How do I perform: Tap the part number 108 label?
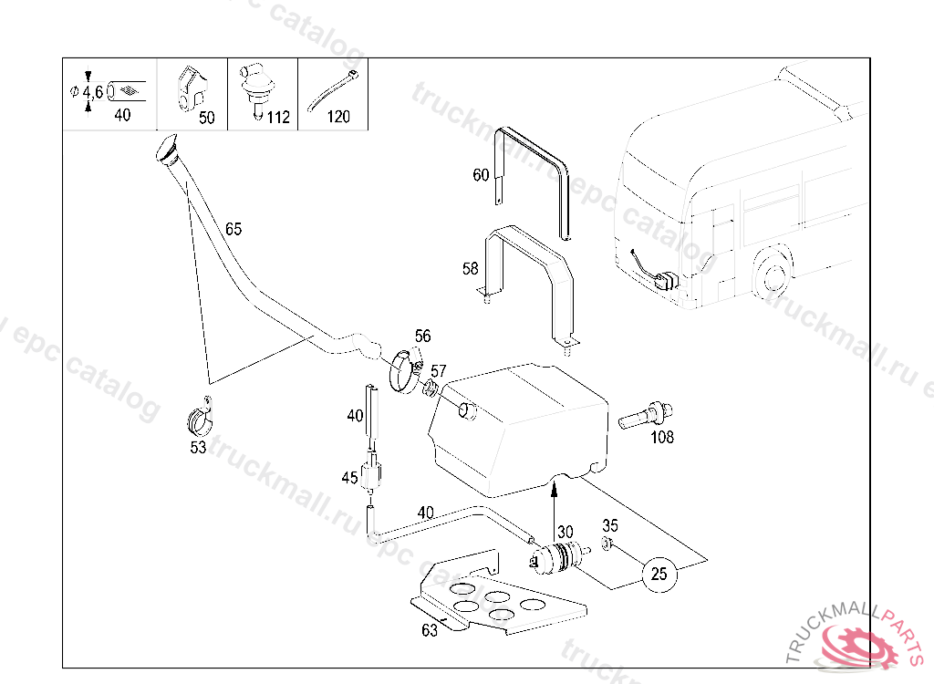pos(662,437)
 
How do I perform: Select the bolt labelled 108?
pos(642,418)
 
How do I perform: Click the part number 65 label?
pos(233,229)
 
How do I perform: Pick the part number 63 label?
pos(430,629)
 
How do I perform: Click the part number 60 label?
pos(481,175)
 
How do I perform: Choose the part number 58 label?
pos(471,268)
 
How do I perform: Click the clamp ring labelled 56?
pos(401,370)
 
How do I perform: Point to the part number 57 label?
pos(439,371)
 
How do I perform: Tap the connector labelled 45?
pos(371,474)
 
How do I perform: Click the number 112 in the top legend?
pos(278,117)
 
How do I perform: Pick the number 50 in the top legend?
pos(207,118)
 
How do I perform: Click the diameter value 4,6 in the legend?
pos(92,92)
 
